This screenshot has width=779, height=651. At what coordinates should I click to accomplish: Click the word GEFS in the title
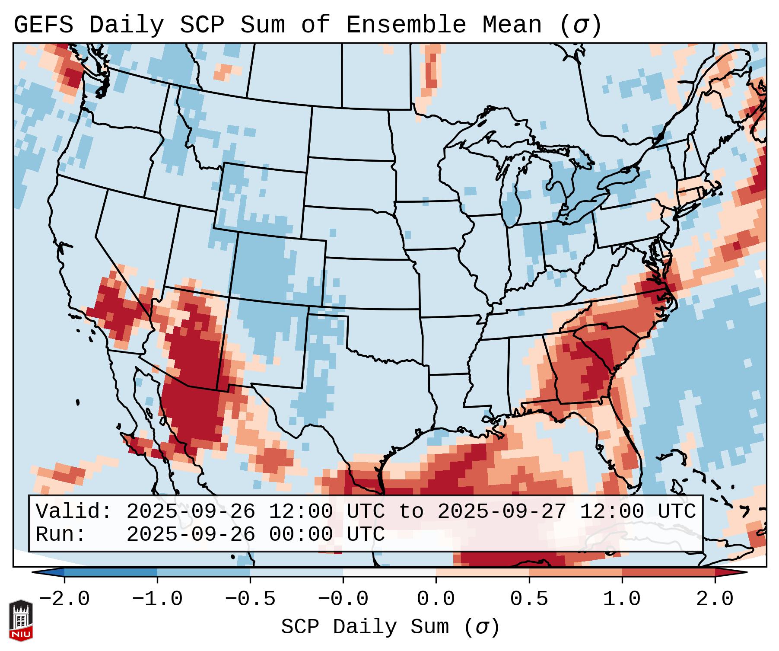click(43, 25)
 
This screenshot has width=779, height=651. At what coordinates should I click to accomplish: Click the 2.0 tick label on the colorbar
click(715, 599)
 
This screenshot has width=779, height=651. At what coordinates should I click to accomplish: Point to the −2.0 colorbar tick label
click(64, 599)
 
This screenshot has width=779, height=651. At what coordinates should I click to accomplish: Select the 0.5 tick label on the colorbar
click(529, 599)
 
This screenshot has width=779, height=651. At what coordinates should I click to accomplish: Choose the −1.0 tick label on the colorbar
click(157, 599)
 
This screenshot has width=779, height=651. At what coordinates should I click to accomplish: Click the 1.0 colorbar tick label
click(622, 599)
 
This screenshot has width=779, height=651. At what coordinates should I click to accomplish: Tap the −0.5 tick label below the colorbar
click(250, 599)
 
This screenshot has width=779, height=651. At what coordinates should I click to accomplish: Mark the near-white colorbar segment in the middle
click(389, 572)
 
